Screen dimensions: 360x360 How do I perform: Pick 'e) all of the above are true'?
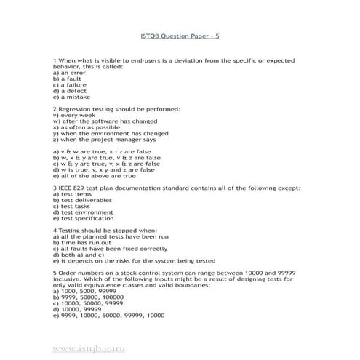[95, 175]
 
